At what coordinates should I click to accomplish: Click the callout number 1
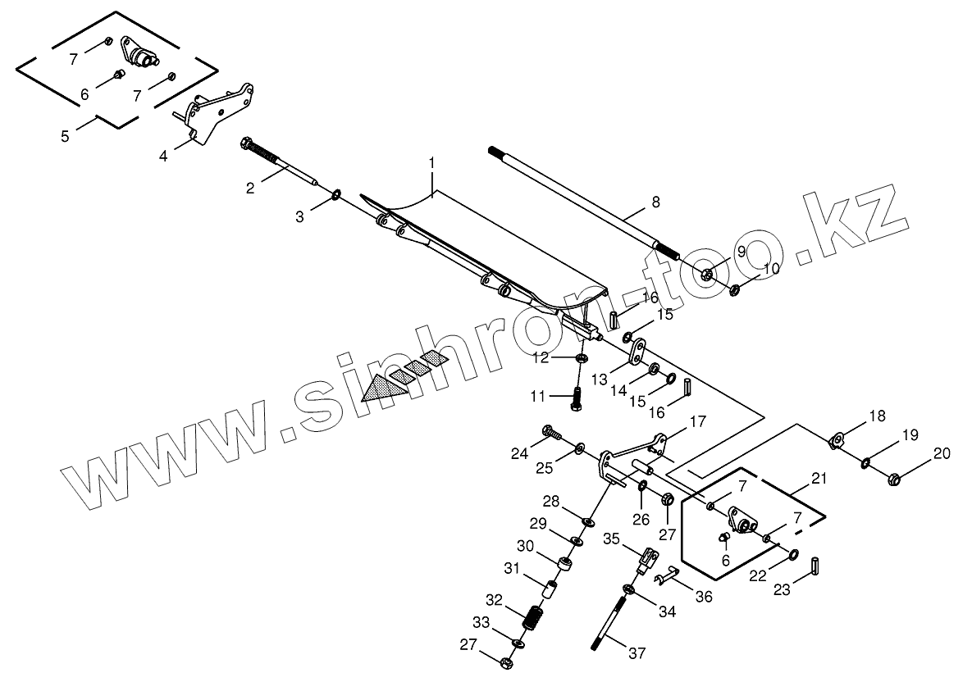431,164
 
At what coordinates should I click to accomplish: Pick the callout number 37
637,654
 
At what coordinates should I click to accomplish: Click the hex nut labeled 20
895,477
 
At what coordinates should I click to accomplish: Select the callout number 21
819,478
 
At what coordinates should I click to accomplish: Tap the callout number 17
697,422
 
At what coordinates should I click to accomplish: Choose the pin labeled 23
815,566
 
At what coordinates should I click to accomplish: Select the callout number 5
65,135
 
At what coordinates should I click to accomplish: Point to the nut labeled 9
708,274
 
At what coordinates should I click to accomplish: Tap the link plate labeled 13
637,356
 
